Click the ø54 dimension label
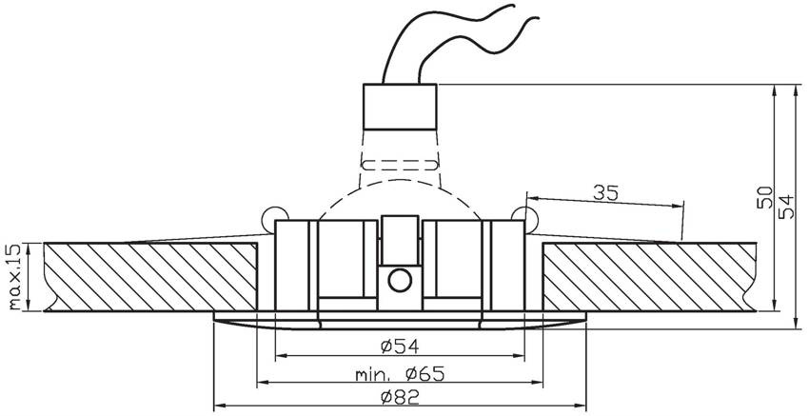tap(400, 347)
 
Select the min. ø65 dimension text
tap(400, 373)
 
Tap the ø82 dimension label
tap(400, 397)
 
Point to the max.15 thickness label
tap(15, 277)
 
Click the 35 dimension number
tap(605, 193)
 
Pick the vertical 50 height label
tap(765, 197)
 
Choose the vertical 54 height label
tap(786, 207)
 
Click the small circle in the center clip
tap(400, 281)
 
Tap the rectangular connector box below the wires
tap(400, 107)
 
